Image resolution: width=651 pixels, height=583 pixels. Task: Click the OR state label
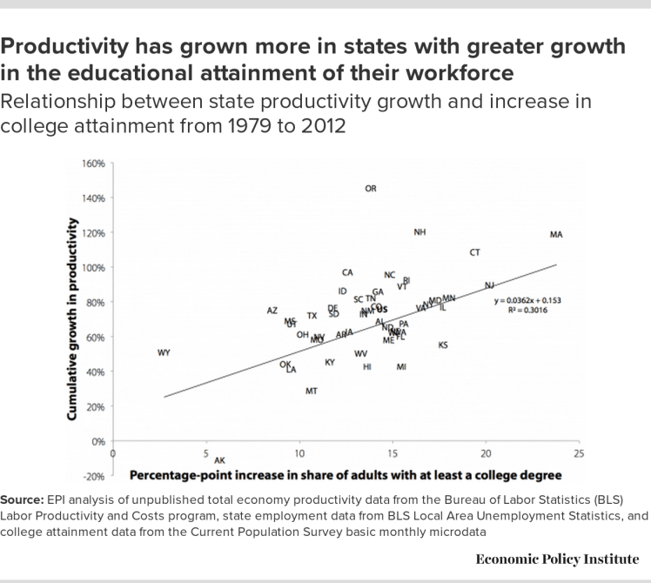pos(371,189)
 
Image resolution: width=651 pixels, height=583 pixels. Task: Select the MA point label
pos(557,235)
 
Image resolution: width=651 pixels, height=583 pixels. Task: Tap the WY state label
pos(164,352)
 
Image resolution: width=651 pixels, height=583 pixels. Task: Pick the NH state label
pos(420,232)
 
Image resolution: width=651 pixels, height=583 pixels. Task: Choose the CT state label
pos(475,253)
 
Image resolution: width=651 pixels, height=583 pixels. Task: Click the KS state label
pos(443,345)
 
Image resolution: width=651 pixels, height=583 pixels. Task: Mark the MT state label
pos(312,392)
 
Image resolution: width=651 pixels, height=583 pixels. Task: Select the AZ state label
pos(272,311)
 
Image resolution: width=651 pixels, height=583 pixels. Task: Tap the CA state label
pos(347,273)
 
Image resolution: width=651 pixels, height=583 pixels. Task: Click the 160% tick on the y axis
pos(93,164)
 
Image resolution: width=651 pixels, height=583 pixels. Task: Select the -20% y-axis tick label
pos(93,477)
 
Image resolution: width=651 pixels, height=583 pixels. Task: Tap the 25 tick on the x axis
pos(580,454)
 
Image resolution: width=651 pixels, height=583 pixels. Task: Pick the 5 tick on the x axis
pos(206,454)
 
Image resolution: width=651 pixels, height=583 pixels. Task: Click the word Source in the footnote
pos(23,500)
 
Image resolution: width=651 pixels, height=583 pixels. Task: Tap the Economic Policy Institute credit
pos(557,559)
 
